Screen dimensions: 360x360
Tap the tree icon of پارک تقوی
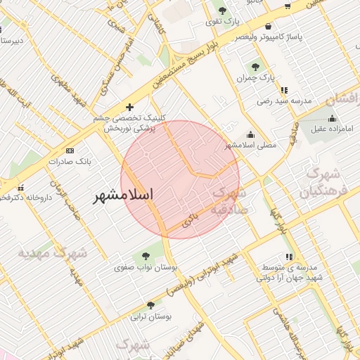pyautogui.click(x=223, y=10)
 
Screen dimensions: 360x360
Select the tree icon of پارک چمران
pyautogui.click(x=255, y=67)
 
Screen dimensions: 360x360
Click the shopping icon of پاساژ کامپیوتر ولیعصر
pyautogui.click(x=268, y=27)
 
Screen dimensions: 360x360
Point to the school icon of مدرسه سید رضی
pyautogui.click(x=284, y=91)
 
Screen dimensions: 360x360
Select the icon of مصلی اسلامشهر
pyautogui.click(x=251, y=135)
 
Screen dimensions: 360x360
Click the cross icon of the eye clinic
pyautogui.click(x=129, y=107)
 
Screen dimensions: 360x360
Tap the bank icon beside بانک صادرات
pyautogui.click(x=70, y=150)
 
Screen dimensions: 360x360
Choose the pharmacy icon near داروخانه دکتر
pyautogui.click(x=29, y=188)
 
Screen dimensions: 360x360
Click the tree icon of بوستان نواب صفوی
pyautogui.click(x=146, y=256)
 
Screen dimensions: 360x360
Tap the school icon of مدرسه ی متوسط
pyautogui.click(x=288, y=257)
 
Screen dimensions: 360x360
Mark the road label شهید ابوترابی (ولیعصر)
pyautogui.click(x=204, y=274)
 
